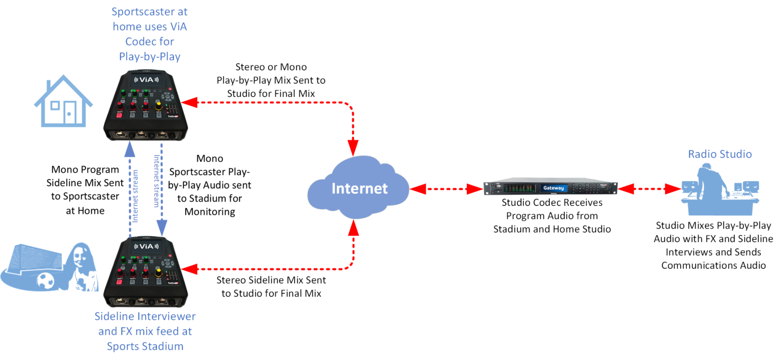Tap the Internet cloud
point(359,188)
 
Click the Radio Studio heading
point(720,154)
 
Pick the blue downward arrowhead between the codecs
point(161,230)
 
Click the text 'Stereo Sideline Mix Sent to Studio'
point(271,287)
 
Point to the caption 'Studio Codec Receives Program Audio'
point(552,215)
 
